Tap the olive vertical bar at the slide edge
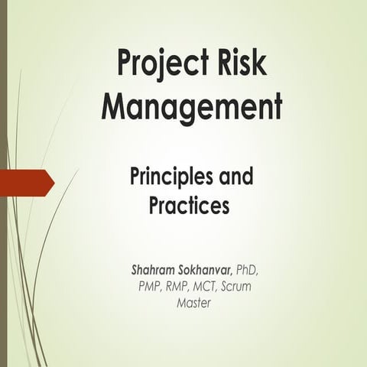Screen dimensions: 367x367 coord(3,183)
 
